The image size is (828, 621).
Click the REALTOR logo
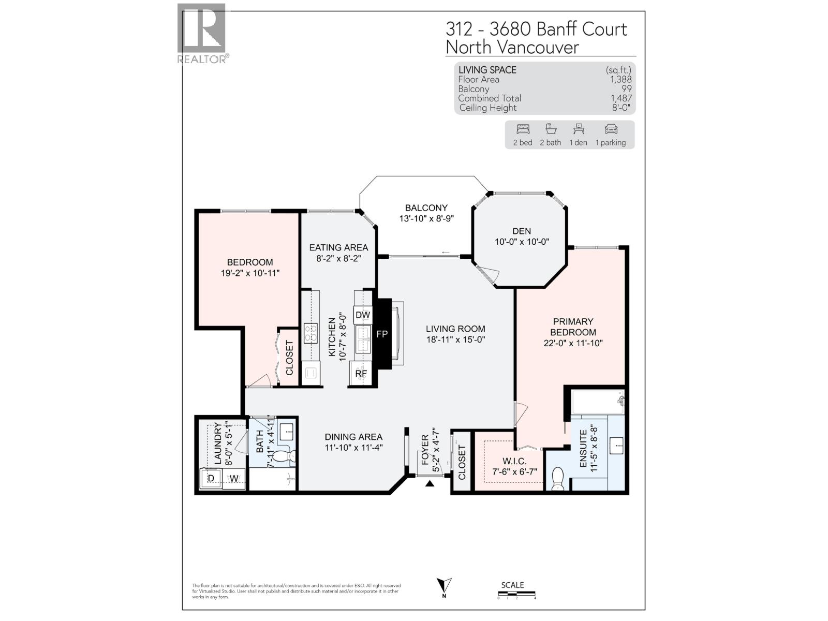pos(202,34)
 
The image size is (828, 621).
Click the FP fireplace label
pos(382,334)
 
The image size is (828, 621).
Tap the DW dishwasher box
pos(363,315)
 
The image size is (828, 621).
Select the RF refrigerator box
pos(361,373)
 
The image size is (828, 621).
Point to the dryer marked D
pos(211,479)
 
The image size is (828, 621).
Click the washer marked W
pos(234,479)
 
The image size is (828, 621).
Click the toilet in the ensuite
pos(558,479)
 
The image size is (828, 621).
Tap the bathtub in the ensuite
pos(598,402)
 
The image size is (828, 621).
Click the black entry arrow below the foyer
pos(430,484)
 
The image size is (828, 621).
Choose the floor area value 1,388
pos(620,80)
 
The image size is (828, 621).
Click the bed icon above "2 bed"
pos(523,129)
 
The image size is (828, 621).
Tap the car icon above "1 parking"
pos(611,129)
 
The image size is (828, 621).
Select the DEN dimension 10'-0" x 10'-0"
pos(522,242)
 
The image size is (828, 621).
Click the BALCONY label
pos(426,208)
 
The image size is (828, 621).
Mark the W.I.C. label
pos(514,461)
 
